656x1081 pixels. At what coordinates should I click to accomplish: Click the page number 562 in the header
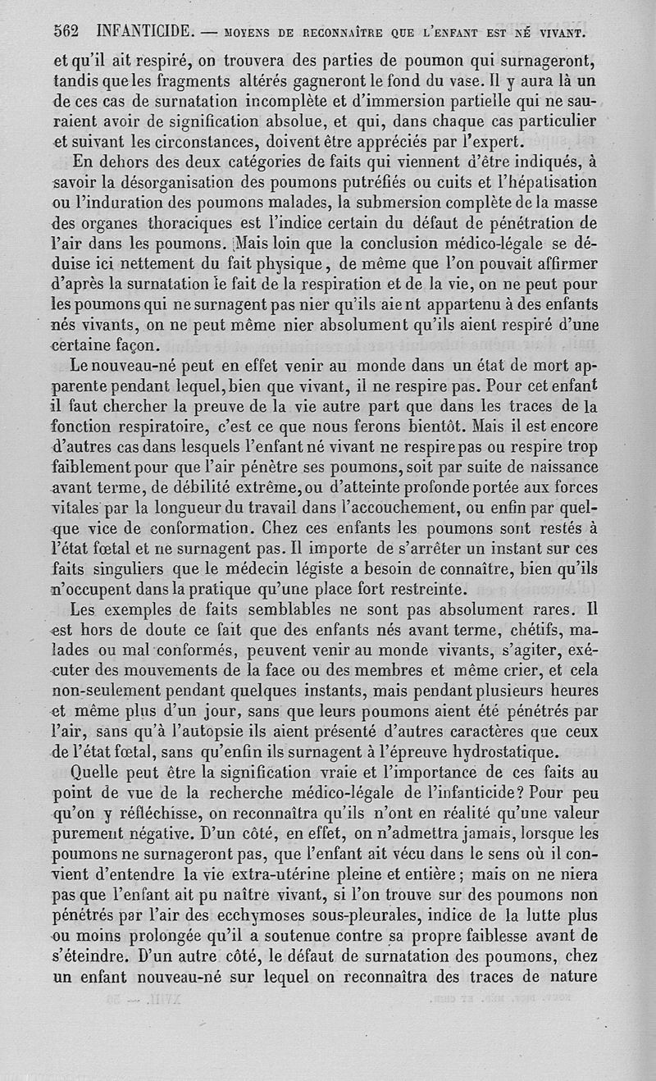(x=65, y=32)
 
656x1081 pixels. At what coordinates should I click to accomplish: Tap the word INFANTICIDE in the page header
(x=144, y=32)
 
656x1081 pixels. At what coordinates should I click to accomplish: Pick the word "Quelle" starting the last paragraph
(x=98, y=773)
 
